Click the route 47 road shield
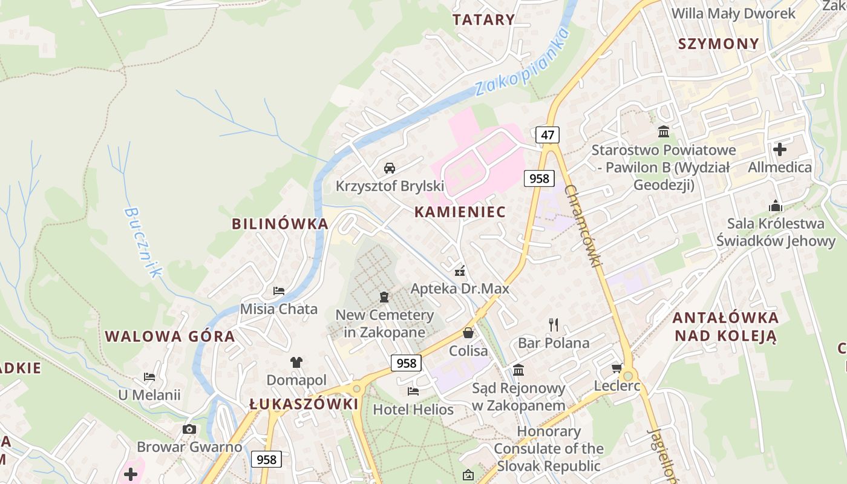click(548, 135)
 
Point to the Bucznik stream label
click(143, 243)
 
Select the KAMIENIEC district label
click(460, 212)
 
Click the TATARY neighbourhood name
click(483, 19)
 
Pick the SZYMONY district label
click(718, 44)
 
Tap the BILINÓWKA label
click(280, 224)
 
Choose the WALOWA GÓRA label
click(170, 337)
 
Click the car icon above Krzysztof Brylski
click(390, 168)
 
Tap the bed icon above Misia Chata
click(279, 291)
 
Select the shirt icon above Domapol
click(296, 362)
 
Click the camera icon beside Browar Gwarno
click(189, 430)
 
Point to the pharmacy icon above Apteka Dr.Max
click(460, 270)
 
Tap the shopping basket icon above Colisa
click(468, 333)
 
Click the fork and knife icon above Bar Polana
click(554, 325)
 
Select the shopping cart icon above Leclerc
click(617, 368)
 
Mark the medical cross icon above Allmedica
click(780, 149)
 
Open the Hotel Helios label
click(413, 410)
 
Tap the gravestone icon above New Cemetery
click(384, 297)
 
